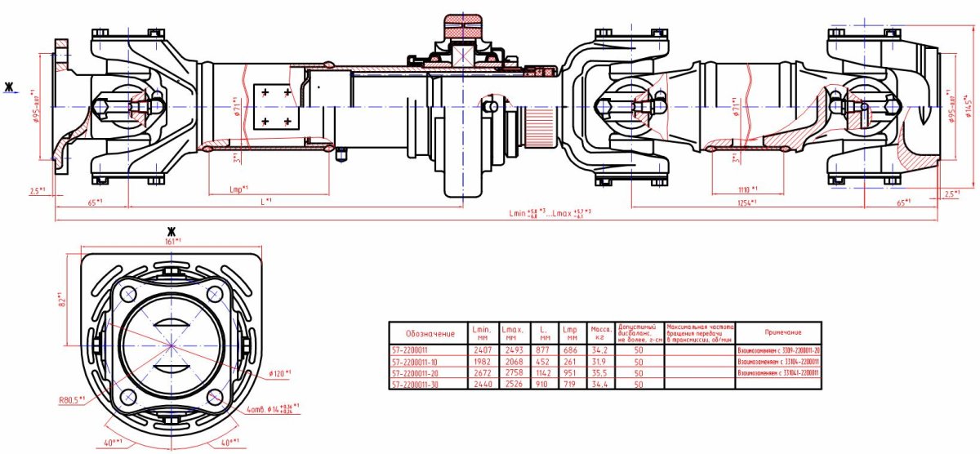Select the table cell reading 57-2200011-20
click(x=427, y=372)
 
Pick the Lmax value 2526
click(x=510, y=384)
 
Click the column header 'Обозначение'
click(x=427, y=333)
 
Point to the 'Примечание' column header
click(x=782, y=333)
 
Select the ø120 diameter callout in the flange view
click(x=281, y=373)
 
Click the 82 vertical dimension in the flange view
click(x=61, y=300)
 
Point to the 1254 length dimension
click(x=746, y=202)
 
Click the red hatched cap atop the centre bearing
click(x=463, y=24)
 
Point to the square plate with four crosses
click(x=275, y=106)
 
